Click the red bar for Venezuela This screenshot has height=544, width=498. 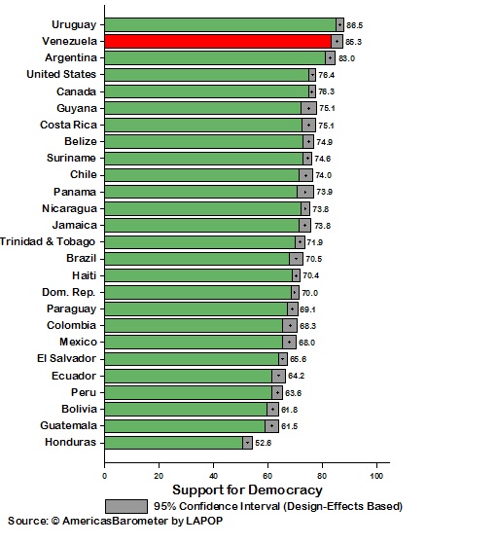pos(219,42)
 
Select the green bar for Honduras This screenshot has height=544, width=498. pos(173,442)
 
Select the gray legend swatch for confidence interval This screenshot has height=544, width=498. pos(125,506)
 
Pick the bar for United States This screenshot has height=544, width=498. pos(206,75)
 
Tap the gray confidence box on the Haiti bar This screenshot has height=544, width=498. pos(296,275)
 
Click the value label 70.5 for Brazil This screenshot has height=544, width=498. pos(313,259)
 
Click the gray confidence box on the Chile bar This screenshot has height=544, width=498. pos(305,175)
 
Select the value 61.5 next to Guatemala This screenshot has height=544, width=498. pos(289,426)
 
